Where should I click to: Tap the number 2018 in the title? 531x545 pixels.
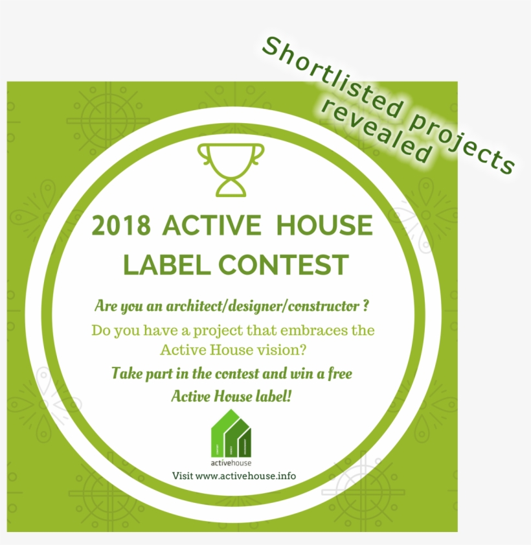[122, 226]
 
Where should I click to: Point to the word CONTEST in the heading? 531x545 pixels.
[284, 264]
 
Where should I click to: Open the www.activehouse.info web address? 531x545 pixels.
[245, 476]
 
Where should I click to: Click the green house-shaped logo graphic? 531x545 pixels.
[232, 434]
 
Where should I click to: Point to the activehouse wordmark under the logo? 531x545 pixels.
[231, 463]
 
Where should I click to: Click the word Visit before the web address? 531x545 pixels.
[182, 476]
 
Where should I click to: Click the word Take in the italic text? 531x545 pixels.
[125, 374]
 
